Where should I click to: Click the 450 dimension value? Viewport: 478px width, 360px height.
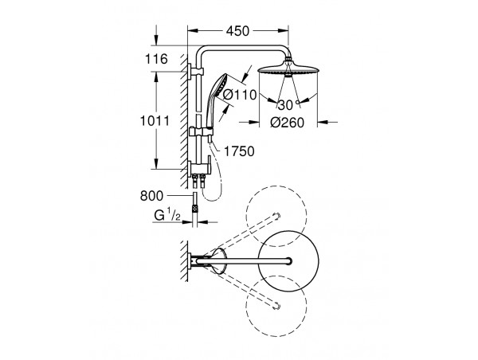pos(237,31)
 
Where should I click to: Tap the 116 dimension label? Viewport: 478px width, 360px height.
pos(156,59)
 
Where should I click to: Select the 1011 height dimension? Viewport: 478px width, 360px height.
pos(155,121)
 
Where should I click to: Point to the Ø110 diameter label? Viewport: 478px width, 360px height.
pos(240,95)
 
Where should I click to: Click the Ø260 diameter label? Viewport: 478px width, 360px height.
pos(287,123)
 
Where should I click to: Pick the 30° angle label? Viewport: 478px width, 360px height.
pos(288,105)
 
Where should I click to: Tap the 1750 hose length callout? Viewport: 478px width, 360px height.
pos(239,151)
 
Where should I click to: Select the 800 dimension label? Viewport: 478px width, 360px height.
pos(151,196)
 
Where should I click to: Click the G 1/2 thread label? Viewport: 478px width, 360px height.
pos(167,215)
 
